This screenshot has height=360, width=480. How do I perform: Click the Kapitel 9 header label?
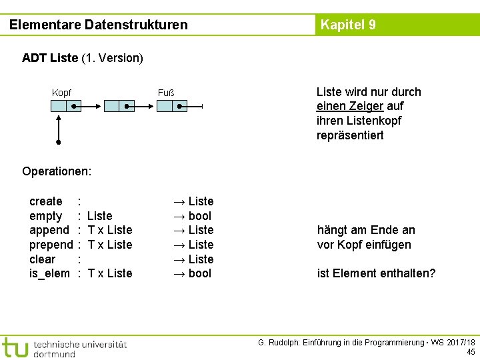click(348, 25)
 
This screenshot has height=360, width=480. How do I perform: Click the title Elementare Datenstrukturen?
click(99, 25)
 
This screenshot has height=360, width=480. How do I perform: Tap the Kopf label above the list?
click(61, 92)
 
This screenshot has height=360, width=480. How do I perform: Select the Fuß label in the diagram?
click(165, 92)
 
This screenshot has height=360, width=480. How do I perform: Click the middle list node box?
click(120, 105)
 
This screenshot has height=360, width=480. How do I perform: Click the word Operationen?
click(57, 171)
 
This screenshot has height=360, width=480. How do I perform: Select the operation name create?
click(46, 201)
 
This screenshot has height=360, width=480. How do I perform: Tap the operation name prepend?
click(51, 245)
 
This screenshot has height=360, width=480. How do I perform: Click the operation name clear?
click(43, 259)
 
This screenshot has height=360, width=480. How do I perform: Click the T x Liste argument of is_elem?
click(110, 273)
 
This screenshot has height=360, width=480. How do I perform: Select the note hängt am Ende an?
click(366, 230)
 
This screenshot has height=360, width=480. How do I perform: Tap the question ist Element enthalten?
click(376, 273)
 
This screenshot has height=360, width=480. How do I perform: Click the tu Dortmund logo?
click(63, 347)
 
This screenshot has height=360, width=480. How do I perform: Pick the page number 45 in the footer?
click(471, 352)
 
